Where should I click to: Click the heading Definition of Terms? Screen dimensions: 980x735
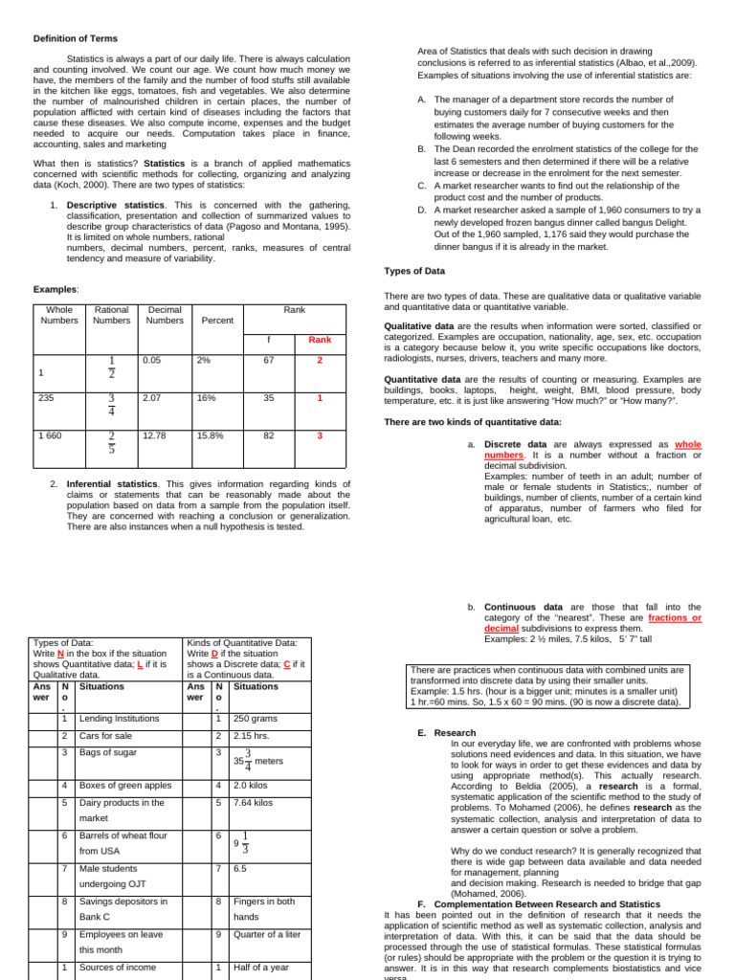point(76,38)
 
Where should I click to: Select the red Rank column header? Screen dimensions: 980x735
point(320,340)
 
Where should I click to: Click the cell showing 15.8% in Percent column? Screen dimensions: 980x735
point(209,435)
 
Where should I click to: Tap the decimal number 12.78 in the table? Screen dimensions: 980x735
point(154,435)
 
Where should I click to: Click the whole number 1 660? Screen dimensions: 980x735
point(51,435)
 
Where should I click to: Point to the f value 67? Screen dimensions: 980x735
point(269,360)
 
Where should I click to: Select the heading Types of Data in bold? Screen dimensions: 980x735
point(414,271)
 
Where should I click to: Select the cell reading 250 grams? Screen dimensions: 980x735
point(255,718)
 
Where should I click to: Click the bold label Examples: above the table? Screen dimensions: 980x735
point(56,288)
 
